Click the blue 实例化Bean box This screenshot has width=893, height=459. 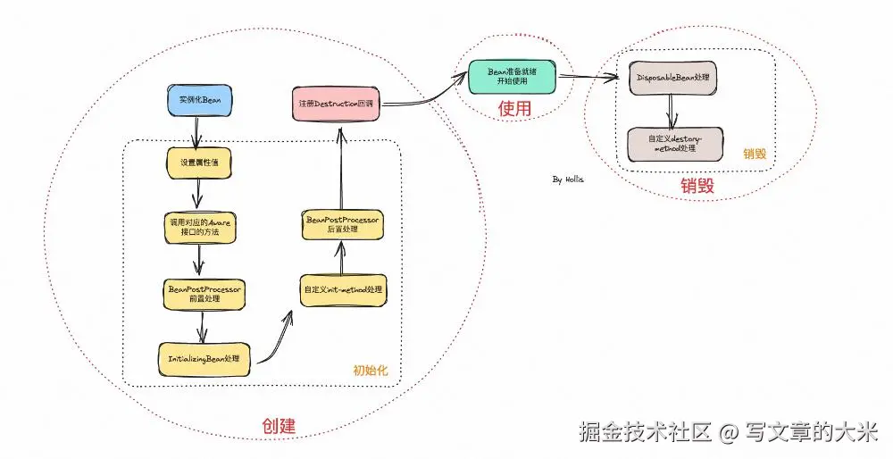(x=200, y=100)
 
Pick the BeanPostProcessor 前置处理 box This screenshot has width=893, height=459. (x=205, y=294)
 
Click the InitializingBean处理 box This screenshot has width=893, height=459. (x=204, y=357)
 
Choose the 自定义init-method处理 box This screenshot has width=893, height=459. (x=343, y=290)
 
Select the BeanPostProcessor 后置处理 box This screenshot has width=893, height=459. (x=343, y=224)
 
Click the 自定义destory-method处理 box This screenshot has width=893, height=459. (x=674, y=144)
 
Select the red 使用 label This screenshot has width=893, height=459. (x=514, y=109)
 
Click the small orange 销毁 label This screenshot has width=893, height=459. (x=755, y=154)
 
